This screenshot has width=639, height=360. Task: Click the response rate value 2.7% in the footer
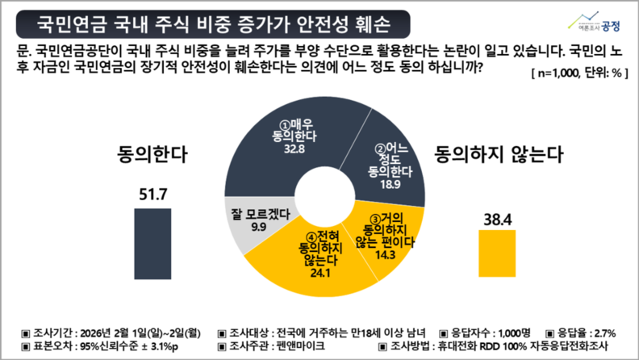pyautogui.click(x=603, y=333)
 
